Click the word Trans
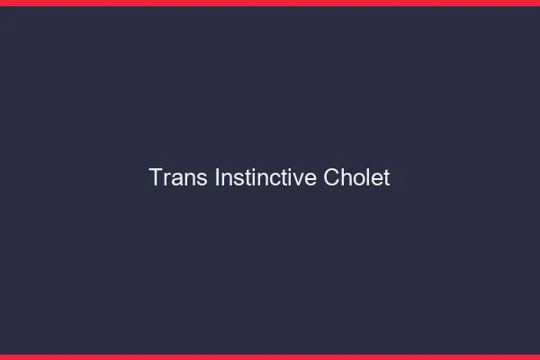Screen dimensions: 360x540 pos(179,178)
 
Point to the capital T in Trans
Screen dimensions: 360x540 pos(156,178)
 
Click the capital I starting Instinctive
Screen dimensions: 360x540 pos(218,178)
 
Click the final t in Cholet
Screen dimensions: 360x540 pos(386,178)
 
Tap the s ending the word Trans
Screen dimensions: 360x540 pos(202,180)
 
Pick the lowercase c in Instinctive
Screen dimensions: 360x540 pos(273,180)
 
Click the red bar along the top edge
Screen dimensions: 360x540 pos(270,3)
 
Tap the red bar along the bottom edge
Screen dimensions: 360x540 pos(270,356)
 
